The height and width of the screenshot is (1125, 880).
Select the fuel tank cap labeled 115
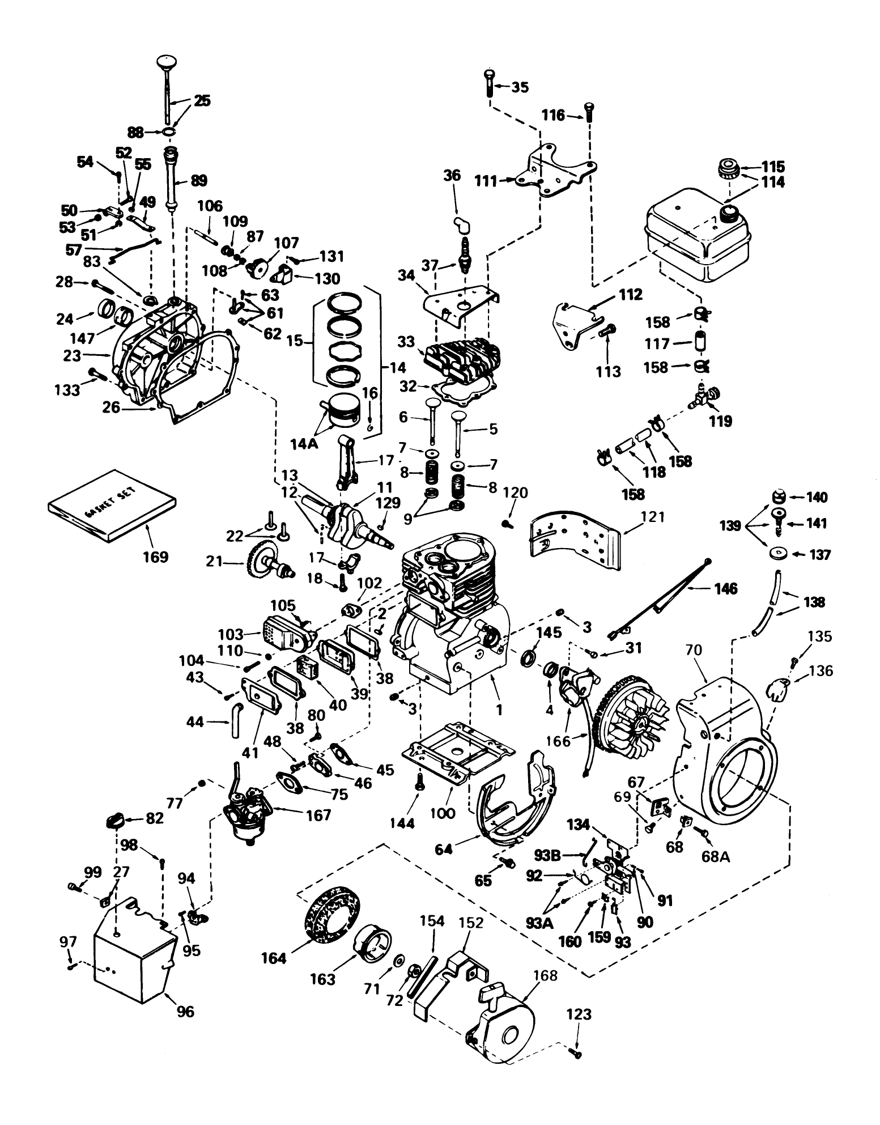point(726,169)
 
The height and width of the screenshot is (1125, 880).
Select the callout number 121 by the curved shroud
point(654,517)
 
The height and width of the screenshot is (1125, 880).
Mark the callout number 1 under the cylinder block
point(499,708)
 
